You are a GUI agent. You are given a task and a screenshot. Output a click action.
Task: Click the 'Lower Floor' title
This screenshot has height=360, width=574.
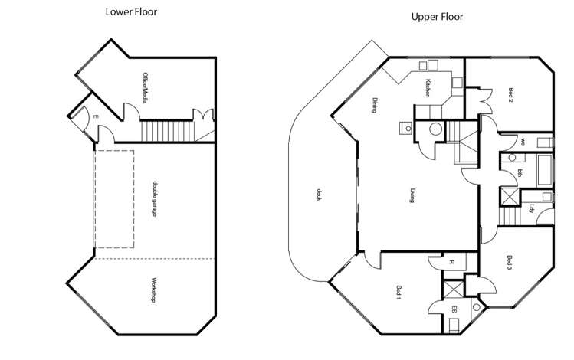coord(131,11)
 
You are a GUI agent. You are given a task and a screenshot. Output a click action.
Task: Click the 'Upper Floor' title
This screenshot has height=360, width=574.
coord(437,16)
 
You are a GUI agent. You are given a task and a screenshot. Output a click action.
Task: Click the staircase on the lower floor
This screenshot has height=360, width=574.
coord(166,129)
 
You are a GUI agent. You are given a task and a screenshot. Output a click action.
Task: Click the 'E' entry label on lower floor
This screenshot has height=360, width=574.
coord(95,116)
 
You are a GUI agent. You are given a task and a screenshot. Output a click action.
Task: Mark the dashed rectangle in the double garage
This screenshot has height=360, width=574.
coord(114,198)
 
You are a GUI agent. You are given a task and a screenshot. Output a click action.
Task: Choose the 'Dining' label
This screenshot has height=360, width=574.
coord(374,104)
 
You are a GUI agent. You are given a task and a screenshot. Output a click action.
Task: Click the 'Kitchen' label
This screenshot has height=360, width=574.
coord(428,88)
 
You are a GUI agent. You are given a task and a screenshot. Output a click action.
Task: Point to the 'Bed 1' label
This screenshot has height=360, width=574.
coord(399,292)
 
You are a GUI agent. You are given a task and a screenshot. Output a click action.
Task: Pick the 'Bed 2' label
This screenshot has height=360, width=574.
coord(510,93)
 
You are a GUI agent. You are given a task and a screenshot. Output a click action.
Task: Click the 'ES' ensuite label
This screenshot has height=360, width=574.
coord(454,310)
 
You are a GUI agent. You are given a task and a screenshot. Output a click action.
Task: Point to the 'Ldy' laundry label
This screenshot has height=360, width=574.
coord(530,208)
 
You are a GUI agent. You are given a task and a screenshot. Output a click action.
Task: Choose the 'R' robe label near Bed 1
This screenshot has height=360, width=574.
coord(452,263)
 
